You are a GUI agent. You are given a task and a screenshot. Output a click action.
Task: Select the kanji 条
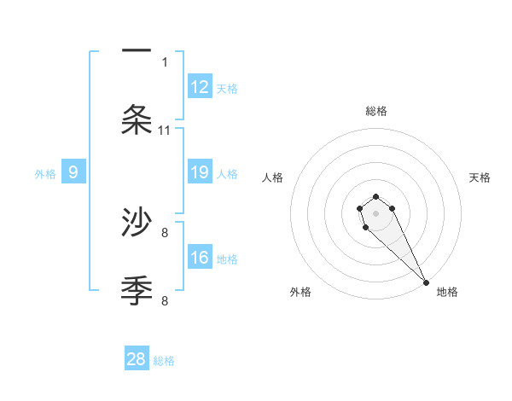(137, 119)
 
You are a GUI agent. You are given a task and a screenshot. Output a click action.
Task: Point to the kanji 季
(137, 290)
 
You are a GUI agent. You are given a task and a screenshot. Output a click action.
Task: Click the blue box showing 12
(200, 87)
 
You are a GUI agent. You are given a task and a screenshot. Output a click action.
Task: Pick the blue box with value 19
(200, 173)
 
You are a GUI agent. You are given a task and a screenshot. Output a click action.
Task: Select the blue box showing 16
(200, 259)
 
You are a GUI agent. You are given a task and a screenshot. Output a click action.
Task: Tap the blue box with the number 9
(73, 173)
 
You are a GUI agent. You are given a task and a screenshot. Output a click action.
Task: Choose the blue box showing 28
(137, 359)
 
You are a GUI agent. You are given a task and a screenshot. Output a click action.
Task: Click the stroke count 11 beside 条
(165, 131)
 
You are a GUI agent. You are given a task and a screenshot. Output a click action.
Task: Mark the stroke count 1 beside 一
(165, 61)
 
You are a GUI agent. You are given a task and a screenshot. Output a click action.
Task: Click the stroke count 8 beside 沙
(165, 231)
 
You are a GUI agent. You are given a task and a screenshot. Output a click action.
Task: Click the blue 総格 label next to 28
(164, 361)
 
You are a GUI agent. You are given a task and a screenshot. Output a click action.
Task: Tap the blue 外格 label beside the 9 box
(45, 174)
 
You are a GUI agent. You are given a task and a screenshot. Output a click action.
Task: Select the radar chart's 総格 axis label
(376, 111)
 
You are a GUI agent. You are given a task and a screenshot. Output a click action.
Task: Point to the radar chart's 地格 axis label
(447, 292)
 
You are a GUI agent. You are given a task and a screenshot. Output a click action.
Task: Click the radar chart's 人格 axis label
(272, 177)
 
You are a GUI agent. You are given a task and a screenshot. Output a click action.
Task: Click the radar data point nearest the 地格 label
(427, 282)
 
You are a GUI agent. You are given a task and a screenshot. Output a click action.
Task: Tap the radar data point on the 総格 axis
(376, 193)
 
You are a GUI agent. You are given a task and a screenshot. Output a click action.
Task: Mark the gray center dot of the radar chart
(376, 213)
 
